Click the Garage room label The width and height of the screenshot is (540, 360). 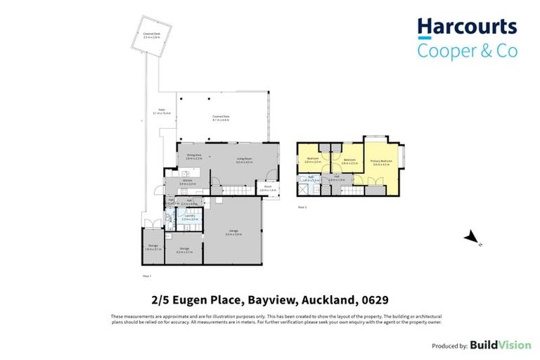(x=233, y=232)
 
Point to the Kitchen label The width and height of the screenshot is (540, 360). (x=188, y=182)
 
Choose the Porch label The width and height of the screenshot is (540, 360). (x=269, y=188)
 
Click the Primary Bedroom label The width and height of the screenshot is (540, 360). (x=381, y=163)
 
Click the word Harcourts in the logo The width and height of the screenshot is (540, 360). (x=467, y=28)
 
